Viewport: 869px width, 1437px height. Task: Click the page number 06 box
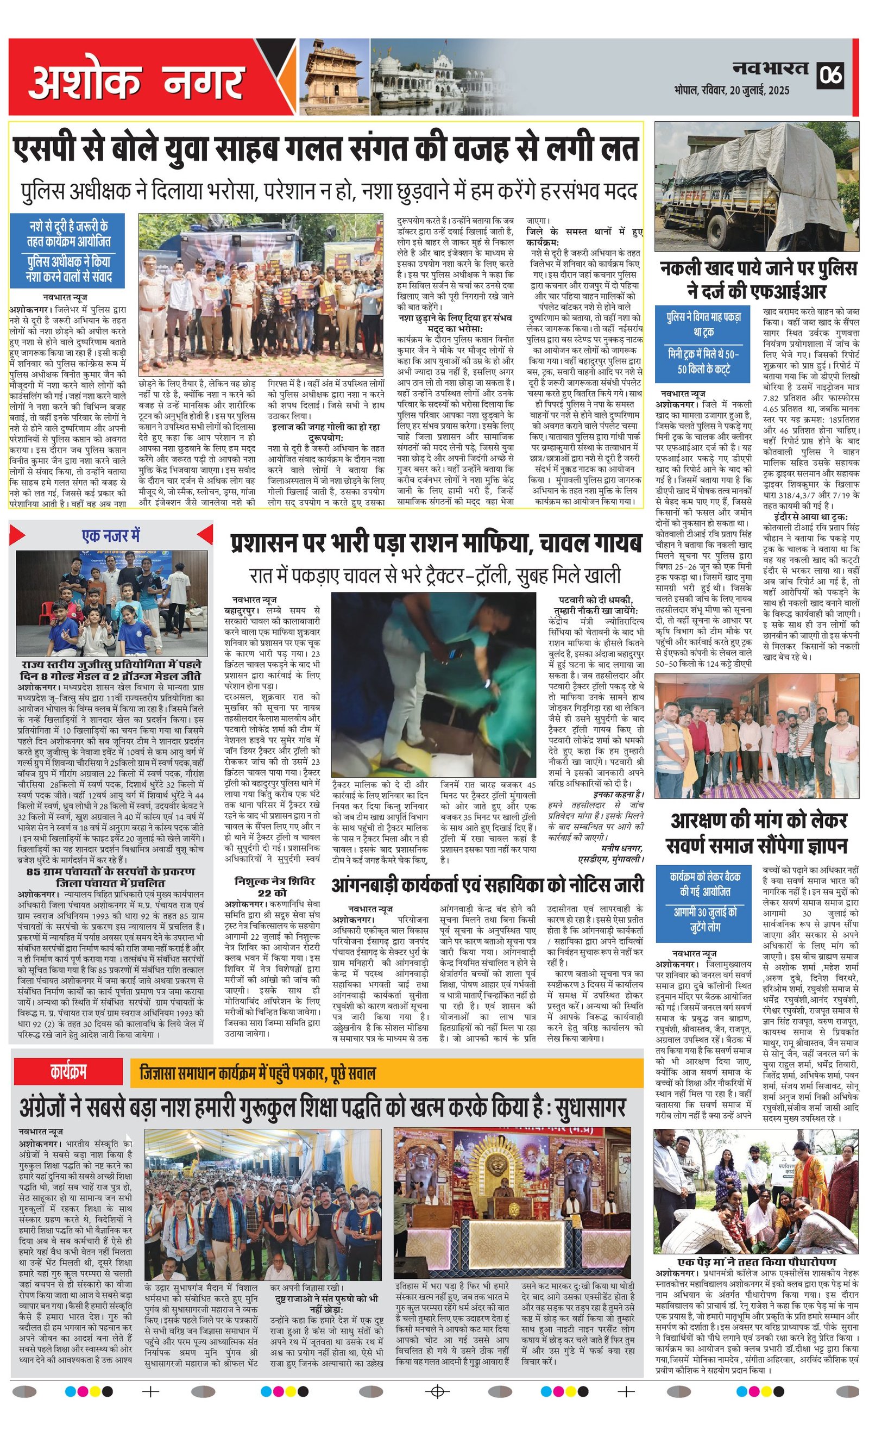tap(830, 75)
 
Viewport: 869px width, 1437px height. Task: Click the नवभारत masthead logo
tap(771, 69)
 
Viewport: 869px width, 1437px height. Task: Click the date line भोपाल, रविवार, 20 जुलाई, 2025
tap(732, 91)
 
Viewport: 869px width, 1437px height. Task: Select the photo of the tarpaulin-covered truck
tap(757, 186)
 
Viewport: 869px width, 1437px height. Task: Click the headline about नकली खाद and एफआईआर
tap(758, 280)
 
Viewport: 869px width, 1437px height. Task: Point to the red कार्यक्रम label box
tap(68, 1072)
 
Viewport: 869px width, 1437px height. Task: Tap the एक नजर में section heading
tap(111, 535)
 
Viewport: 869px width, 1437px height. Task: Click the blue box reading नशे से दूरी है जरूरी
tap(69, 251)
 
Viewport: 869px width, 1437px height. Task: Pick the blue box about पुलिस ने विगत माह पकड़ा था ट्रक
tap(704, 343)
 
